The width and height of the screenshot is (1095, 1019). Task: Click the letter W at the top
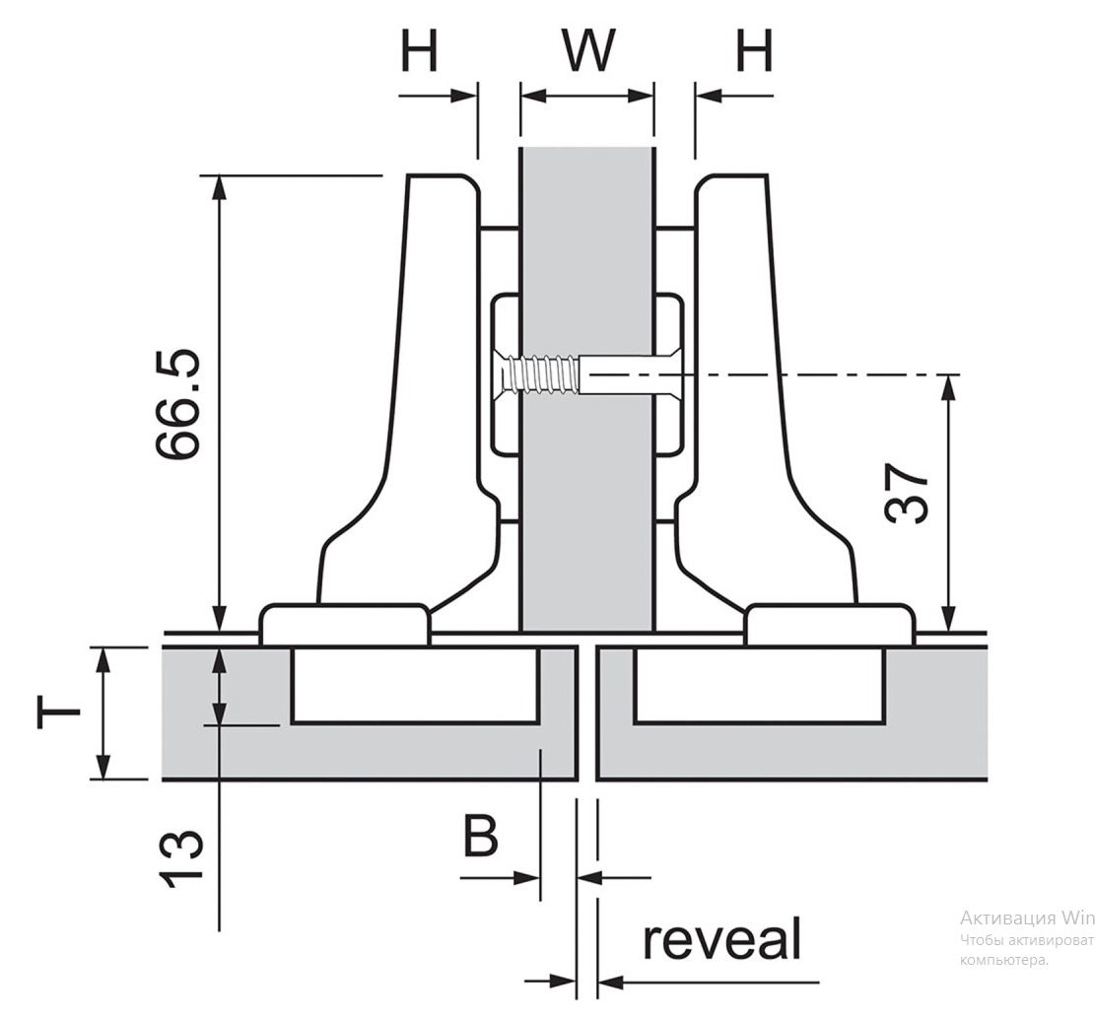[588, 50]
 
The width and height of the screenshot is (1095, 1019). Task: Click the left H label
[419, 50]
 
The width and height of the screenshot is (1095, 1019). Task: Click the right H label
[755, 50]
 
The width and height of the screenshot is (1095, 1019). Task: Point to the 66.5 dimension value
[178, 404]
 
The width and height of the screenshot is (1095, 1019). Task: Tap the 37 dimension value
[906, 493]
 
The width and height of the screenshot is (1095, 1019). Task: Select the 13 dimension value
[181, 859]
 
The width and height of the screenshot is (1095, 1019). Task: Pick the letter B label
[480, 836]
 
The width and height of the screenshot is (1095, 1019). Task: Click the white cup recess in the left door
[415, 685]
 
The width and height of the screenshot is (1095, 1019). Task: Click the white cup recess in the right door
[758, 685]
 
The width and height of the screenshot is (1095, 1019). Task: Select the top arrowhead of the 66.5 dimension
[220, 187]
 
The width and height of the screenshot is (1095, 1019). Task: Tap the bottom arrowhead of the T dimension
[103, 766]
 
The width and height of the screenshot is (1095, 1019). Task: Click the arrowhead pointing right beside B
[527, 878]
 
